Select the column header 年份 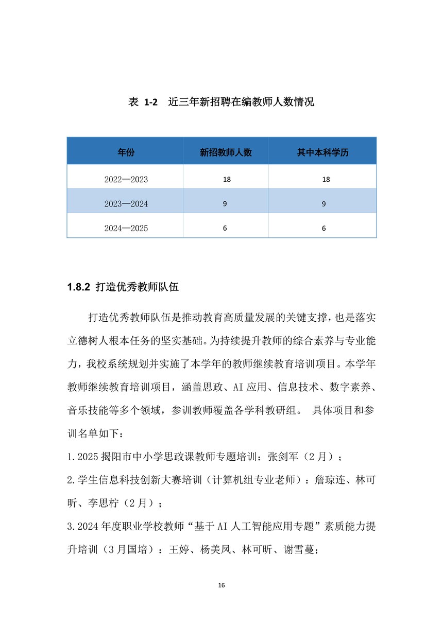[x=126, y=152]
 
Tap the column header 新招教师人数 [x=226, y=152]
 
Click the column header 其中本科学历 [x=322, y=152]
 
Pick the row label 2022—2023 [x=126, y=180]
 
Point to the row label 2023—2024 [x=126, y=204]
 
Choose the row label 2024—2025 [x=126, y=228]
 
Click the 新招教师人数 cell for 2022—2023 [x=226, y=180]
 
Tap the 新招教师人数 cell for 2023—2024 [x=225, y=204]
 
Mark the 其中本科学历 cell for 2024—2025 [x=324, y=228]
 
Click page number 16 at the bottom [x=221, y=585]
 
